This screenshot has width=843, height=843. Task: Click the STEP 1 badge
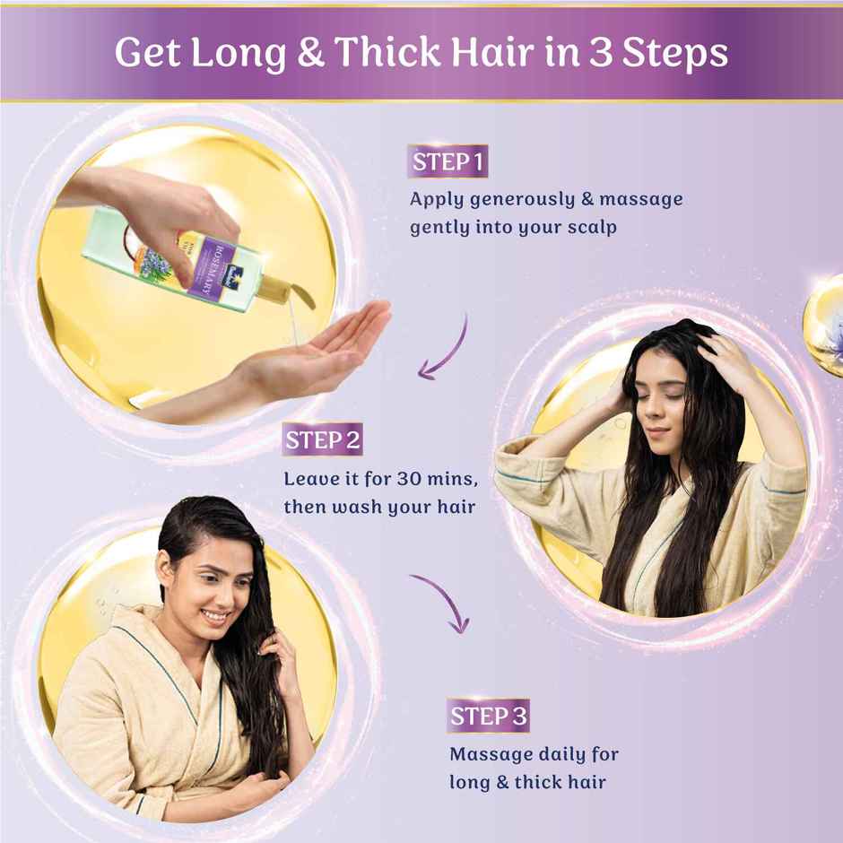coord(448,162)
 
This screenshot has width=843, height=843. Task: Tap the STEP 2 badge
coord(323,440)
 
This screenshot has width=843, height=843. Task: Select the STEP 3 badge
coord(488,716)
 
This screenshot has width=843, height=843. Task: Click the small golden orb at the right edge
coord(825,313)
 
